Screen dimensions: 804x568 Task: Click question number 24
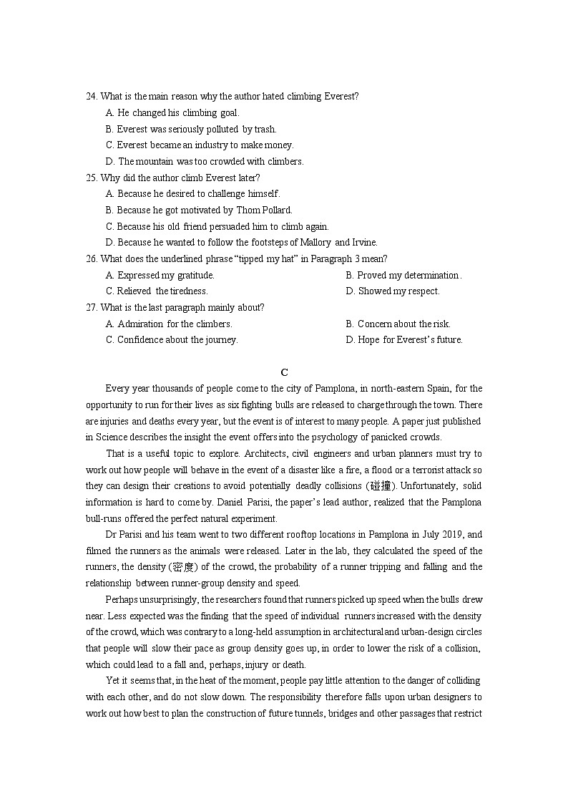92,97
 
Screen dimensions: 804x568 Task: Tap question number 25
92,178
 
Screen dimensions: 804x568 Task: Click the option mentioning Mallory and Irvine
241,243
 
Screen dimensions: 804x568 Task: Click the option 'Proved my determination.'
403,276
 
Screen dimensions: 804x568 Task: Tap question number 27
92,308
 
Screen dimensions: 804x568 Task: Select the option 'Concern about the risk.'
398,324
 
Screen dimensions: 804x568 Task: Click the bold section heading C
284,372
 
